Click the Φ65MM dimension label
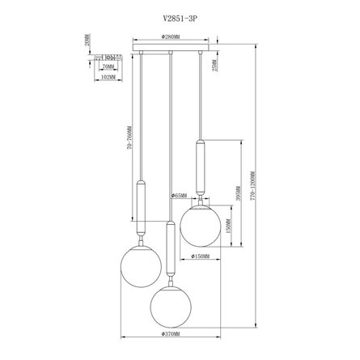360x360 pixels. (180, 197)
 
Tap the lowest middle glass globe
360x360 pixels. (171, 303)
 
